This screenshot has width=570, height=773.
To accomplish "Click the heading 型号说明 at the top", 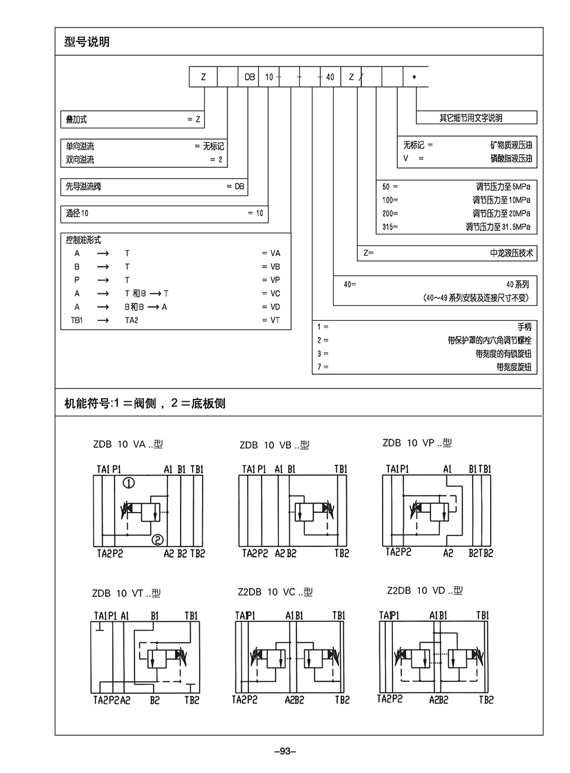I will point(87,42).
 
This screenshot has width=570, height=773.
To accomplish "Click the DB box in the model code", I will point(249,77).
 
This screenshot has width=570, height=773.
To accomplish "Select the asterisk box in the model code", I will point(414,77).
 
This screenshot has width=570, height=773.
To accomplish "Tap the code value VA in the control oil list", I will point(275,253).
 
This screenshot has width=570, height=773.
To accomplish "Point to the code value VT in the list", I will point(275,320).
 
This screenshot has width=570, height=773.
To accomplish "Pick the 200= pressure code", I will point(390,213).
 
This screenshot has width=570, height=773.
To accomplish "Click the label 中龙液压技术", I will point(511,253).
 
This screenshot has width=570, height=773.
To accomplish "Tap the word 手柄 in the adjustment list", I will point(524,327).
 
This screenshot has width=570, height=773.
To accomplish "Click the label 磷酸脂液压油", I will point(511,158).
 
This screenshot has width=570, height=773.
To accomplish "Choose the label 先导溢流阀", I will point(83,187).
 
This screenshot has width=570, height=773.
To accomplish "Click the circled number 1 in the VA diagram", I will point(129,483).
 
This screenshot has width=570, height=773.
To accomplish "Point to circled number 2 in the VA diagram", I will point(158,540).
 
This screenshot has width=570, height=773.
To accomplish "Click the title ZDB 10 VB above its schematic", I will point(274,445).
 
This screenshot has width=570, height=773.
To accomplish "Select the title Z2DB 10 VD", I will point(425,591).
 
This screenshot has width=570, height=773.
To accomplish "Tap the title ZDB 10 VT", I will point(126,593).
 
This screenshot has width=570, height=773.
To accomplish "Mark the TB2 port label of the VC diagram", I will point(342,699).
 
